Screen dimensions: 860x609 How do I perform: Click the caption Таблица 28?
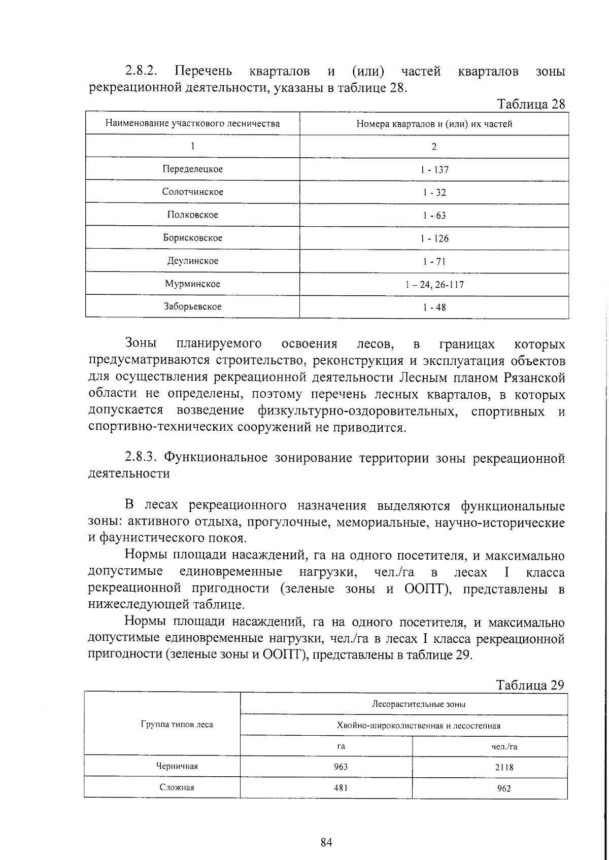pyautogui.click(x=531, y=104)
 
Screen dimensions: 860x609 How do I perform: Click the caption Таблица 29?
pyautogui.click(x=530, y=685)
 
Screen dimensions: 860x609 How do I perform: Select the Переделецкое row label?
pyautogui.click(x=192, y=169)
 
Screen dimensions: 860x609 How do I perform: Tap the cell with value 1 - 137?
pyautogui.click(x=434, y=169)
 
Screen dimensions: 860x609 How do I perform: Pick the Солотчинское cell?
pyautogui.click(x=192, y=192)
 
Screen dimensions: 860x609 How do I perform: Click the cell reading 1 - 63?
pyautogui.click(x=434, y=216)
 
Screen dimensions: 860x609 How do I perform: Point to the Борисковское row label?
pyautogui.click(x=192, y=237)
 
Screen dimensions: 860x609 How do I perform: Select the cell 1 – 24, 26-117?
pyautogui.click(x=434, y=285)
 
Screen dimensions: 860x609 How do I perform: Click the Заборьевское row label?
pyautogui.click(x=192, y=306)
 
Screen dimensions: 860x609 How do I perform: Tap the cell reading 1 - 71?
pyautogui.click(x=434, y=262)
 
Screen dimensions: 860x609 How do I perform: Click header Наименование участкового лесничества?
pyautogui.click(x=192, y=123)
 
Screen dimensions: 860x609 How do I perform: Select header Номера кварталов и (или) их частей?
pyautogui.click(x=434, y=124)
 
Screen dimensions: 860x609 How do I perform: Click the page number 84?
pyautogui.click(x=326, y=829)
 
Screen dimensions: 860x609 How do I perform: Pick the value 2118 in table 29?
pyautogui.click(x=503, y=768)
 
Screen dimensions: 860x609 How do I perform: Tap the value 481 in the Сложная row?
pyautogui.click(x=341, y=788)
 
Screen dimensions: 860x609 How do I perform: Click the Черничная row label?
pyautogui.click(x=177, y=766)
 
